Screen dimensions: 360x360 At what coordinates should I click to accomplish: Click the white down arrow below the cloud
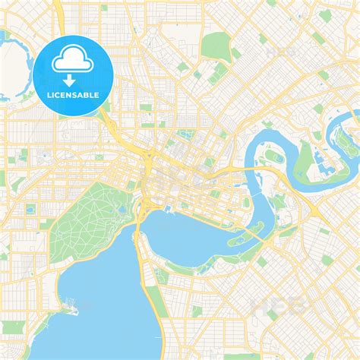point(68,79)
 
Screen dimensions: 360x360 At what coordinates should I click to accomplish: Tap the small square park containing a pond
point(31,209)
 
